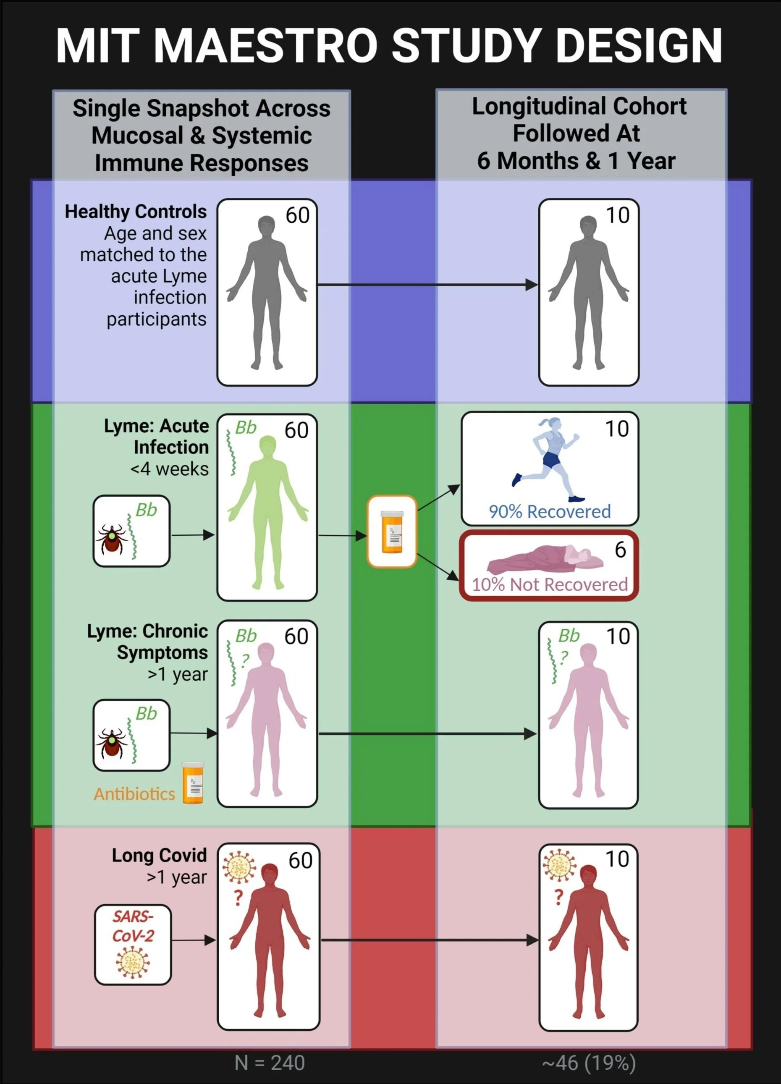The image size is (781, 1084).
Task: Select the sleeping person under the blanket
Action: tap(545, 558)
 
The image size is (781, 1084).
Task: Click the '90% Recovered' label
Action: tap(550, 511)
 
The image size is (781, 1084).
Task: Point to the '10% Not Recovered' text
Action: tap(550, 584)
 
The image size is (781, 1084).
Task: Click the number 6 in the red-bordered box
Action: tap(620, 550)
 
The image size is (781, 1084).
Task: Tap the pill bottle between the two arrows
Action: tap(392, 532)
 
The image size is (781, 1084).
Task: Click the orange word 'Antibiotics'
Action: tap(134, 794)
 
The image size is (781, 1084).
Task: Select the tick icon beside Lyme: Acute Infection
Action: tap(112, 538)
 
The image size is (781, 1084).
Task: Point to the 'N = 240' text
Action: tap(270, 1063)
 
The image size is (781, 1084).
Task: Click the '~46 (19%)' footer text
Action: tap(589, 1063)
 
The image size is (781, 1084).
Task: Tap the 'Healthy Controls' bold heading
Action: tap(136, 211)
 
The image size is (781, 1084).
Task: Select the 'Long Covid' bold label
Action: tap(159, 855)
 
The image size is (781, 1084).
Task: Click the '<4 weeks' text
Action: tap(169, 469)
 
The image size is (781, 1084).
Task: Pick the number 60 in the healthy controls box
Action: tap(297, 215)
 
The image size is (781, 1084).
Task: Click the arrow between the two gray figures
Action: tap(428, 285)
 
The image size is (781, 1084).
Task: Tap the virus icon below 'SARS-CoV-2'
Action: tap(133, 963)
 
